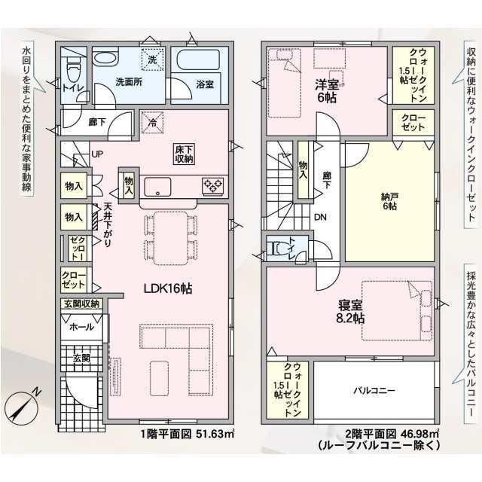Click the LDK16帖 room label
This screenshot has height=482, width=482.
pos(168,288)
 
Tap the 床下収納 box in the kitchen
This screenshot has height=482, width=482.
pos(184,154)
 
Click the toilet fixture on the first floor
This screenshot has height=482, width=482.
pos(73,69)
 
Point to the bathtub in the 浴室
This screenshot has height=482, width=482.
pos(199,59)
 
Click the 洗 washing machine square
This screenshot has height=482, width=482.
pos(152,59)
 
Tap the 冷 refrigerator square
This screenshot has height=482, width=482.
pos(152,122)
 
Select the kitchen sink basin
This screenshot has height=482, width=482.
pos(157,186)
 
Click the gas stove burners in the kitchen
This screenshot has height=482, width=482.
pos(212,186)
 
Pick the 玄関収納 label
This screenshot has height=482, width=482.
pos(82,304)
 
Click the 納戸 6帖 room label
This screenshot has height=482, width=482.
pos(389,201)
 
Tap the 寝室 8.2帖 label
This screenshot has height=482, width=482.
pos(350,311)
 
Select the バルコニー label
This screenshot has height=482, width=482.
pos(374,391)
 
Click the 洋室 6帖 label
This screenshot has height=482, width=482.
pos(327,91)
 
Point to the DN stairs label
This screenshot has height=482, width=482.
pos(320,218)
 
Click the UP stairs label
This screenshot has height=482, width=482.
pos(97,154)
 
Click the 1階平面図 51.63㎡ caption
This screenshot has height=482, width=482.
pos(188,435)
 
